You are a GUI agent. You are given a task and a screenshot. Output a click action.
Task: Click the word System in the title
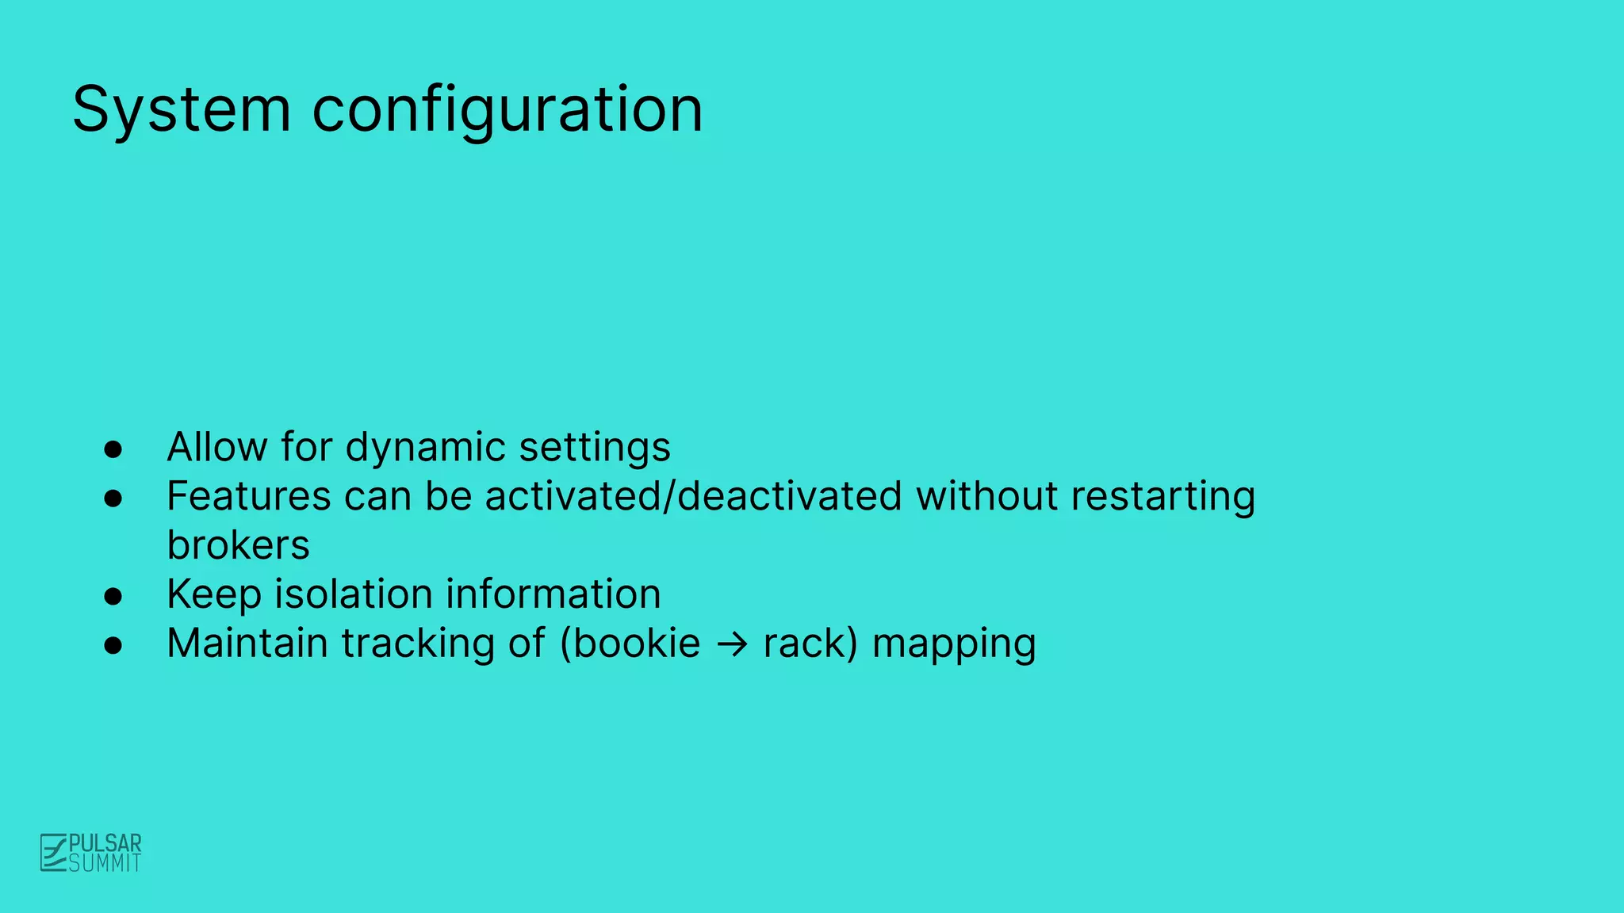[182, 109]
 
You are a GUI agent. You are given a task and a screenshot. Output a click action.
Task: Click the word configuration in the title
[507, 109]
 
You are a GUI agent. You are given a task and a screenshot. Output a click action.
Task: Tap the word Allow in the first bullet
[216, 447]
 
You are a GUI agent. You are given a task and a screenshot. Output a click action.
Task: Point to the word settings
[595, 449]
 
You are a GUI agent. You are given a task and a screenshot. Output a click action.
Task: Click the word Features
[248, 496]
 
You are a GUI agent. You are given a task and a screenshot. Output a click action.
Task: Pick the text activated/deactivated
[693, 496]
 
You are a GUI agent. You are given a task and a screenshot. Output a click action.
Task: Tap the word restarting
[1162, 498]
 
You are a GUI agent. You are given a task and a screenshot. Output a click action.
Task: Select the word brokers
[238, 545]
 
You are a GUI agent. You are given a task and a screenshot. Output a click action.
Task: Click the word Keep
[213, 595]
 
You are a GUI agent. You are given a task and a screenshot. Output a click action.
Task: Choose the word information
[553, 594]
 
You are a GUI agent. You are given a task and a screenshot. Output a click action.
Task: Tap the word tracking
[418, 644]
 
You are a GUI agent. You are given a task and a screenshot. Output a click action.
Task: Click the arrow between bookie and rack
[732, 644]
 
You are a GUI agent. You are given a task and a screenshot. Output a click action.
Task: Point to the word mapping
[954, 644]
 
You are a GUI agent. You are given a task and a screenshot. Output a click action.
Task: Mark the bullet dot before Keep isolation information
[113, 596]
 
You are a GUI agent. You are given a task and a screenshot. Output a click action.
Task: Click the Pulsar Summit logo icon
[53, 853]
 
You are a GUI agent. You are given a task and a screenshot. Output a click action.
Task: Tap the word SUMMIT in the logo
[105, 863]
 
